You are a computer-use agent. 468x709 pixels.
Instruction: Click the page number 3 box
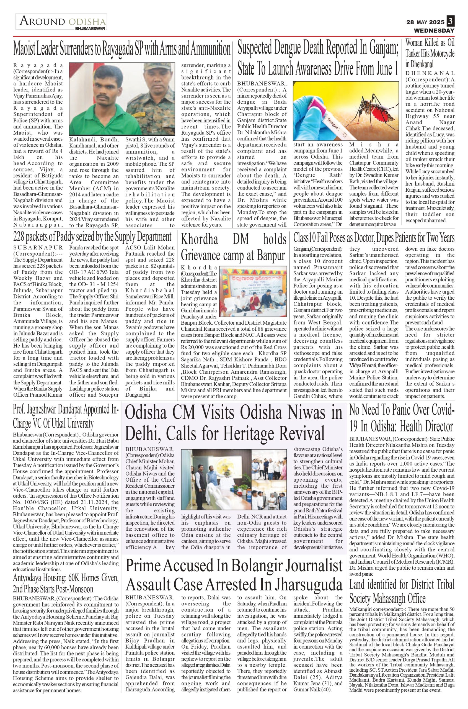[x=450, y=22]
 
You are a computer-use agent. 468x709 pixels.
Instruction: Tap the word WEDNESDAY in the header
[x=434, y=30]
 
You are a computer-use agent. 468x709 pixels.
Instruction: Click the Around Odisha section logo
[x=61, y=22]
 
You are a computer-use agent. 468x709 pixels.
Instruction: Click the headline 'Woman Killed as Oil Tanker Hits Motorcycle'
[x=430, y=53]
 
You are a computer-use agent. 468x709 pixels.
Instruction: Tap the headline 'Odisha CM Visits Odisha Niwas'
[x=233, y=423]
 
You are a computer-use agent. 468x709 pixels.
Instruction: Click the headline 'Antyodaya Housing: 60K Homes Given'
[x=66, y=584]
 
